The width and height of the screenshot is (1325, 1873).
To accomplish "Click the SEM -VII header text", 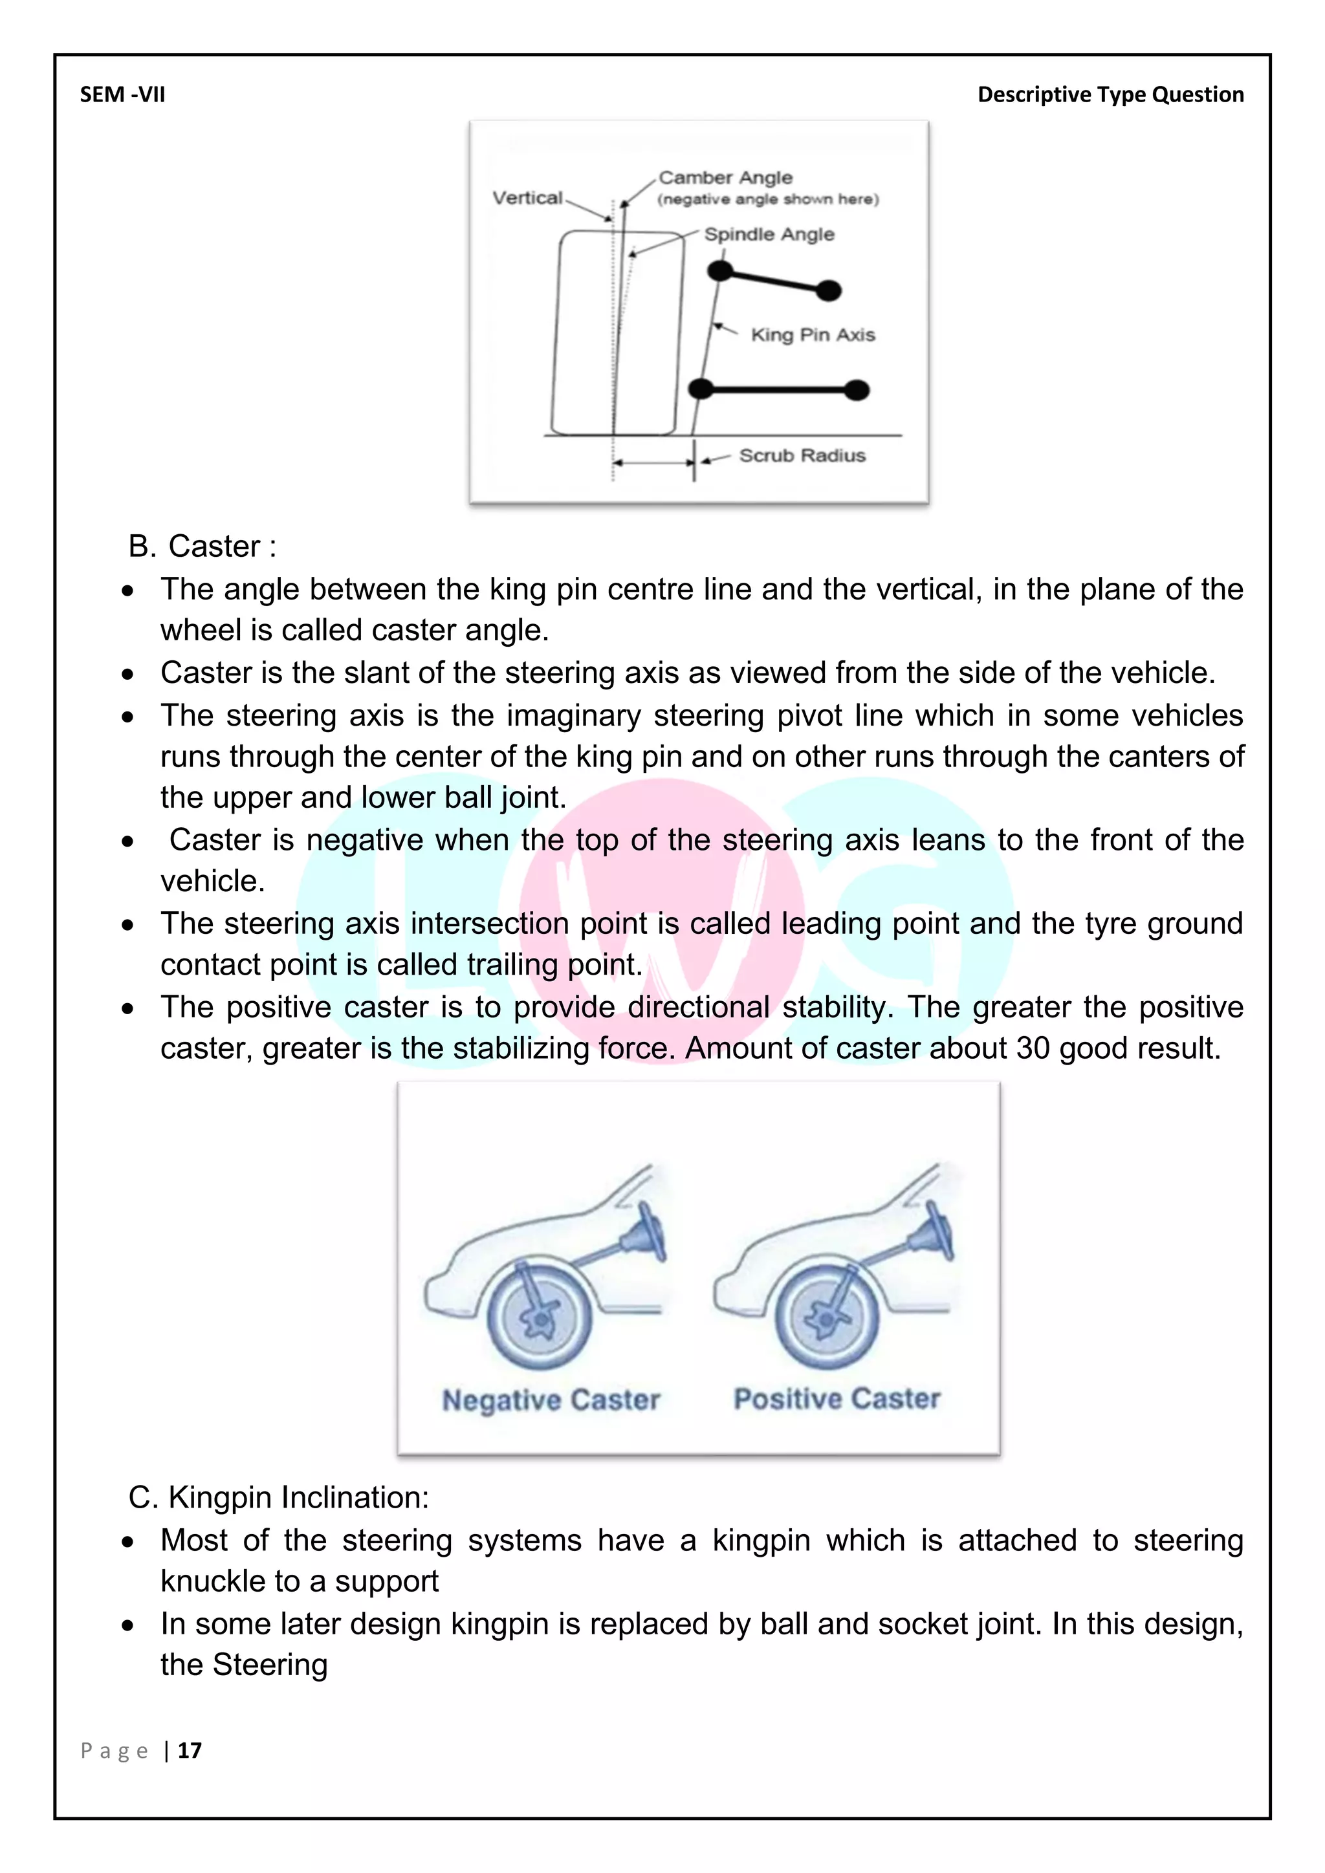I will click(122, 94).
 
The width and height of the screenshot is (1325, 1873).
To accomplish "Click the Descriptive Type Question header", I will click(1110, 94).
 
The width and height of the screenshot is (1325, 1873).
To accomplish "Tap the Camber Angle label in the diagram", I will click(725, 177).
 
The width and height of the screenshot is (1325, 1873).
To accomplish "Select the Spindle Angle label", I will click(769, 234).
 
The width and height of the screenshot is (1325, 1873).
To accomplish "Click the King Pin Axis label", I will click(812, 334).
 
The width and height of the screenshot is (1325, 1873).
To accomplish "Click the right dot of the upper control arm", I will click(828, 290).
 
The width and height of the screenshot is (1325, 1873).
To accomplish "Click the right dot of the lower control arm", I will click(856, 390).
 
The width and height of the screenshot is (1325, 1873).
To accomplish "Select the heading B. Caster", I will click(203, 546).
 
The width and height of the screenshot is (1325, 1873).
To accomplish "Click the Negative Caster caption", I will click(551, 1399).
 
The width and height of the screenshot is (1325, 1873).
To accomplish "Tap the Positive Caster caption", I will click(837, 1398).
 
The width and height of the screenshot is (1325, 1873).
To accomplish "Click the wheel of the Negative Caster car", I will click(538, 1317).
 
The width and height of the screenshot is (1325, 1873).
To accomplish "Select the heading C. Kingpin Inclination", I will click(278, 1497).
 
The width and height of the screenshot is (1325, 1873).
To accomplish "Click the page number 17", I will click(190, 1751).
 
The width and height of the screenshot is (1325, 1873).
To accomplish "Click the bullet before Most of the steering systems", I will click(127, 1542).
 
